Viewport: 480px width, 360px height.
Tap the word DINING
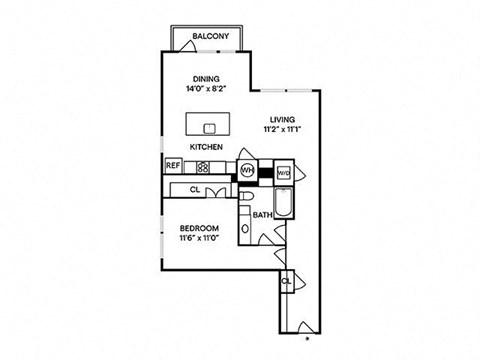[x=206, y=79]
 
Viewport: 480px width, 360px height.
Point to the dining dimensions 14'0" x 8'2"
[x=206, y=89]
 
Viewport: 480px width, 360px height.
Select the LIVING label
[x=281, y=118]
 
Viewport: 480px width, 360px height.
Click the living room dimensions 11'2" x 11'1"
[x=281, y=128]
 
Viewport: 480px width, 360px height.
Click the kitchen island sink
[x=209, y=128]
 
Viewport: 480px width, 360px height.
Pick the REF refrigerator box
[x=172, y=167]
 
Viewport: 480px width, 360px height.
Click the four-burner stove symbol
[x=201, y=167]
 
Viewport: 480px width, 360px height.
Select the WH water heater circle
[x=247, y=170]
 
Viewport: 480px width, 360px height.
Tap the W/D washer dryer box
[x=283, y=171]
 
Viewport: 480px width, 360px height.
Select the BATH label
[x=262, y=215]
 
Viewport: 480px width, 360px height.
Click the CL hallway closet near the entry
[x=286, y=281]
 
